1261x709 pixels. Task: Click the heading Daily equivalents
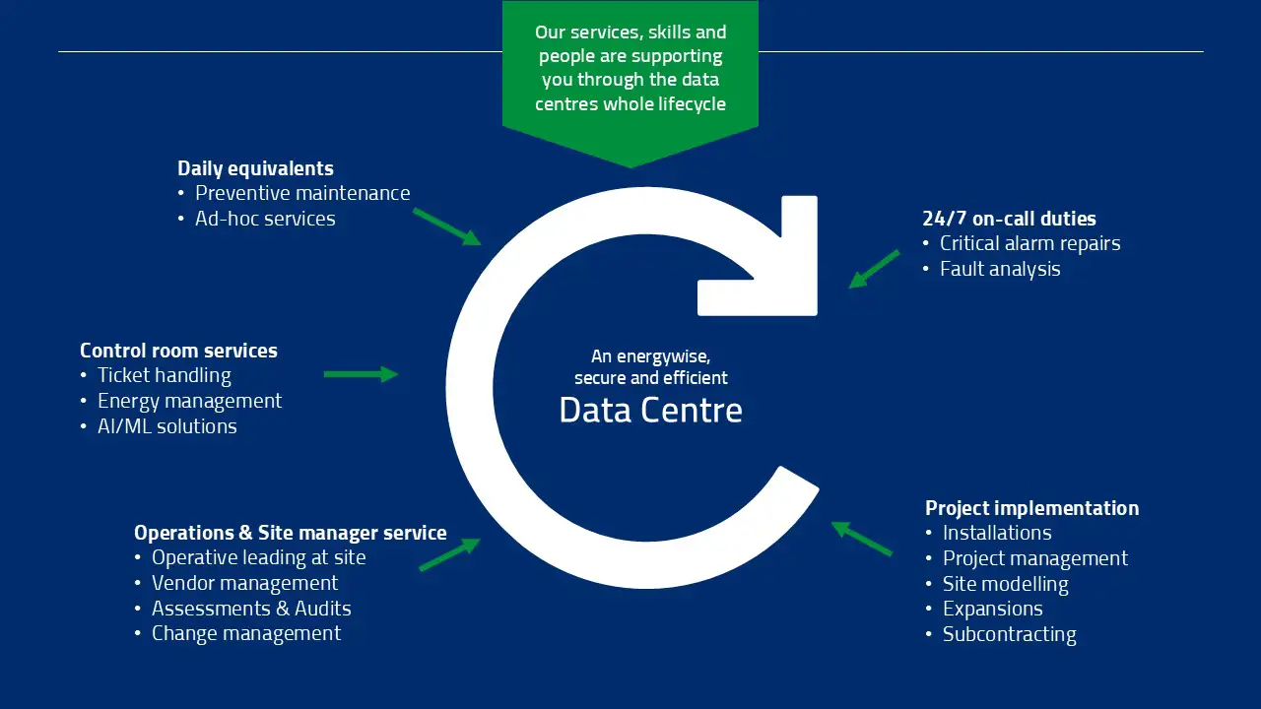pyautogui.click(x=255, y=168)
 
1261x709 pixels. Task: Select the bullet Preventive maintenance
pyautogui.click(x=301, y=193)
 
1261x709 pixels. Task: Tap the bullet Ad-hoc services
pyautogui.click(x=264, y=219)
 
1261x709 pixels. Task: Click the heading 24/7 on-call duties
pyautogui.click(x=1009, y=219)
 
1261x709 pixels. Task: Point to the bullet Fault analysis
pyautogui.click(x=999, y=269)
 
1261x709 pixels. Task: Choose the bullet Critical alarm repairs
pyautogui.click(x=1029, y=243)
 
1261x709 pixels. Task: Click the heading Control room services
pyautogui.click(x=178, y=351)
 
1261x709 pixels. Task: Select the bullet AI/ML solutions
pyautogui.click(x=166, y=426)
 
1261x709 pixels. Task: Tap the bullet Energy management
pyautogui.click(x=189, y=401)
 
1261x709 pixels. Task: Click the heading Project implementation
pyautogui.click(x=1031, y=508)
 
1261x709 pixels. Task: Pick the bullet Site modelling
pyautogui.click(x=1005, y=584)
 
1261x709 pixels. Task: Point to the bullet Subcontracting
pyautogui.click(x=1009, y=634)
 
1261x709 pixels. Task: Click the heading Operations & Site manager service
pyautogui.click(x=290, y=533)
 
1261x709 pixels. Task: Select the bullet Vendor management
pyautogui.click(x=244, y=583)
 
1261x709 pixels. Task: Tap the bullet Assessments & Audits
pyautogui.click(x=250, y=609)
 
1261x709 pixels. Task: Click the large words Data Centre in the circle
pyautogui.click(x=650, y=410)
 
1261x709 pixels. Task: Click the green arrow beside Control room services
pyautogui.click(x=361, y=374)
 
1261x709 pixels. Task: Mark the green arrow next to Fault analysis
pyautogui.click(x=874, y=269)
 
